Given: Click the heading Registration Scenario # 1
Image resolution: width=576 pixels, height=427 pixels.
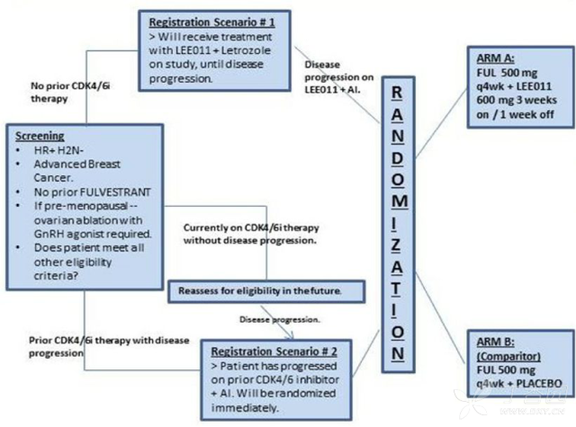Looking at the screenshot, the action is (211, 22).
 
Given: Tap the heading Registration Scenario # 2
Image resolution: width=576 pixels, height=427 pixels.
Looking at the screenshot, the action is (274, 351).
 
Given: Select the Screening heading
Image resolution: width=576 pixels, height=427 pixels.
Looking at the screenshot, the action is (40, 136).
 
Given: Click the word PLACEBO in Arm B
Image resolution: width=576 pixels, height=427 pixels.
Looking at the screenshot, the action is (539, 384).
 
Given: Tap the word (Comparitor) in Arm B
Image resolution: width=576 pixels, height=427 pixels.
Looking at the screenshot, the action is (508, 356).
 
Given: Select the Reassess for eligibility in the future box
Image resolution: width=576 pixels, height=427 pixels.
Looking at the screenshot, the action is (266, 291).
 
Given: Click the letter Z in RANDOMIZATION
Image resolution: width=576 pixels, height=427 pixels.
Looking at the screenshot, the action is (396, 245).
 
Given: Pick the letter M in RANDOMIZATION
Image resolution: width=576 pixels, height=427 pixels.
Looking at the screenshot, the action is (398, 201).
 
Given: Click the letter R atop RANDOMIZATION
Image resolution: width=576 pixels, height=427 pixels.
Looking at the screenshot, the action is (397, 93).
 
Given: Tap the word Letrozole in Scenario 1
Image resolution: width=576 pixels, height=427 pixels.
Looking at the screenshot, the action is (246, 50).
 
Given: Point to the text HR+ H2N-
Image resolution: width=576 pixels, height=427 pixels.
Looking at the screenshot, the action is (58, 150).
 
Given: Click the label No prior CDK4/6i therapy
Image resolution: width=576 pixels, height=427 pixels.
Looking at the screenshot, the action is (70, 92).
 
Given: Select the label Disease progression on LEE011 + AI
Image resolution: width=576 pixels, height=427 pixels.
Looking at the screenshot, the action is (338, 77).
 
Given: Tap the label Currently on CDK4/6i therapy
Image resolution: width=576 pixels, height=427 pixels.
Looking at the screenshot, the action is (251, 227).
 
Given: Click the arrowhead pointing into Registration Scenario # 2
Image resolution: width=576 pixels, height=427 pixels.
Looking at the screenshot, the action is (291, 335).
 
